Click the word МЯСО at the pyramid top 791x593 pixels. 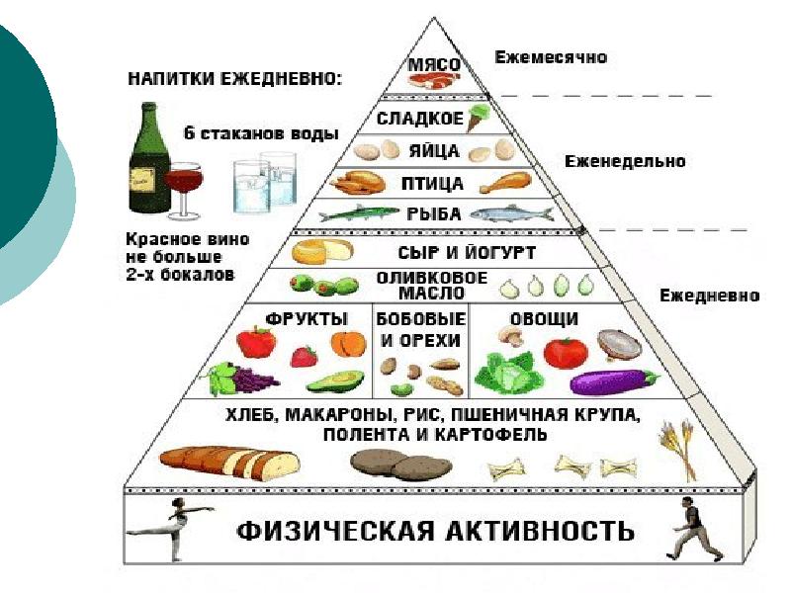point(434,64)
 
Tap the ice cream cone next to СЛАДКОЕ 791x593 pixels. point(479,118)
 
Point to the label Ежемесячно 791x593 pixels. point(551,57)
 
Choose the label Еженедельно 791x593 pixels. point(625,161)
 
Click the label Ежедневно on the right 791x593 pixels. point(709,296)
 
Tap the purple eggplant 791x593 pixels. point(614,382)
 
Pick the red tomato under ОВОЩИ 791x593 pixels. point(566,353)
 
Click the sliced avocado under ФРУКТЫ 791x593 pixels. point(335,382)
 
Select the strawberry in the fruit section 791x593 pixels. point(305,356)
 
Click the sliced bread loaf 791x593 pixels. point(229,464)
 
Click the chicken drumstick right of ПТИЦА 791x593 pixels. point(505,183)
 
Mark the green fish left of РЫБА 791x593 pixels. point(359,213)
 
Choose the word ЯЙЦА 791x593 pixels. point(434,151)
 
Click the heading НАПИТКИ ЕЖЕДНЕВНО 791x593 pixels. point(234,79)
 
